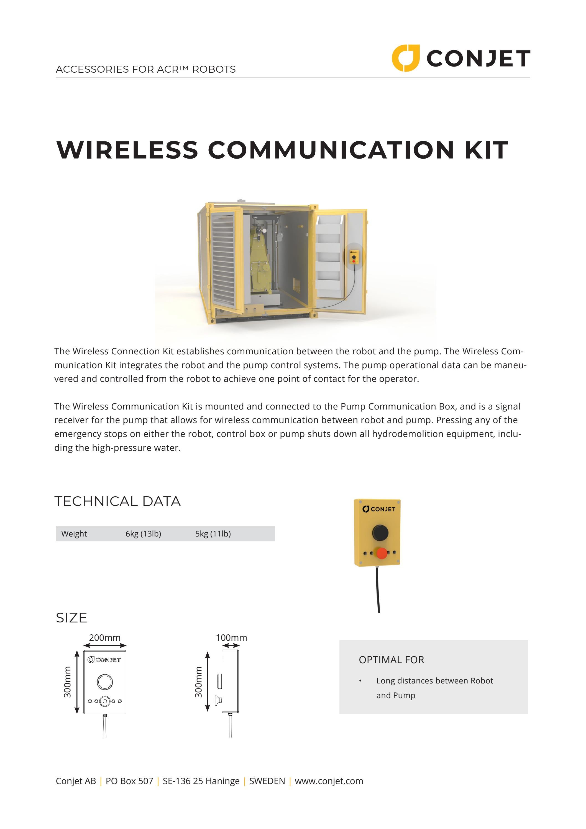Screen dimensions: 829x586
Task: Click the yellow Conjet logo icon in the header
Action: (406, 58)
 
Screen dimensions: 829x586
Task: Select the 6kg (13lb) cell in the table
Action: (143, 534)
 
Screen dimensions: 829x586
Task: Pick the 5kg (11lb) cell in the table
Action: (213, 534)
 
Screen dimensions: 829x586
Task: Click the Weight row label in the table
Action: (74, 534)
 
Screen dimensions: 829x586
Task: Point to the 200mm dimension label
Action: (105, 638)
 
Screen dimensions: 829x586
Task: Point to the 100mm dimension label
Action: (231, 638)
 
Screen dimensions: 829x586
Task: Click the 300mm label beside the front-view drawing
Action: (68, 682)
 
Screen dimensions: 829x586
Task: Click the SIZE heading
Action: (71, 618)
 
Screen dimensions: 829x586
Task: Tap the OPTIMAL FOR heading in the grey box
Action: (391, 660)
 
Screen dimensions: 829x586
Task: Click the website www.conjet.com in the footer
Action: (329, 781)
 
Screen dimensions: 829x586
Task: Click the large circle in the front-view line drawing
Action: (105, 682)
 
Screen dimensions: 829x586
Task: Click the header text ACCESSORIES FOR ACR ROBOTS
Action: (145, 69)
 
